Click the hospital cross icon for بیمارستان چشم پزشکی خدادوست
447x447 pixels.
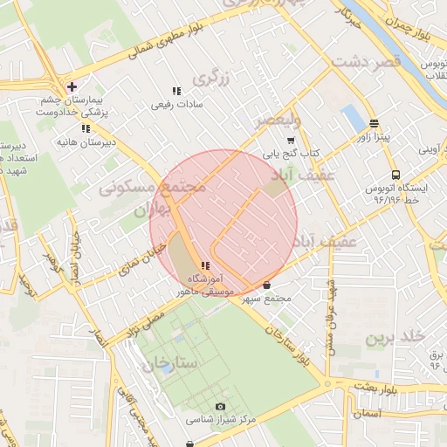pyautogui.click(x=72, y=86)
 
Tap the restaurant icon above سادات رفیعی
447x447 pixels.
pyautogui.click(x=176, y=91)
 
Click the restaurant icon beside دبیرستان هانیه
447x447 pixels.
pyautogui.click(x=85, y=128)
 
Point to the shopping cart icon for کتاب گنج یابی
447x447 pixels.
pyautogui.click(x=291, y=139)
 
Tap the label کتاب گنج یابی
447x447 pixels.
pyautogui.click(x=292, y=152)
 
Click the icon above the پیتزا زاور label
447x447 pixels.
pyautogui.click(x=374, y=124)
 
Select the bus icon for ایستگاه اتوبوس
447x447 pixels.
pyautogui.click(x=395, y=174)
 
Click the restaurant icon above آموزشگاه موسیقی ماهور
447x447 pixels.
pyautogui.click(x=205, y=265)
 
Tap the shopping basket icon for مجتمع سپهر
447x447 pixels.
pyautogui.click(x=266, y=285)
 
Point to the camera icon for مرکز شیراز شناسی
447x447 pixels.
pyautogui.click(x=220, y=407)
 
